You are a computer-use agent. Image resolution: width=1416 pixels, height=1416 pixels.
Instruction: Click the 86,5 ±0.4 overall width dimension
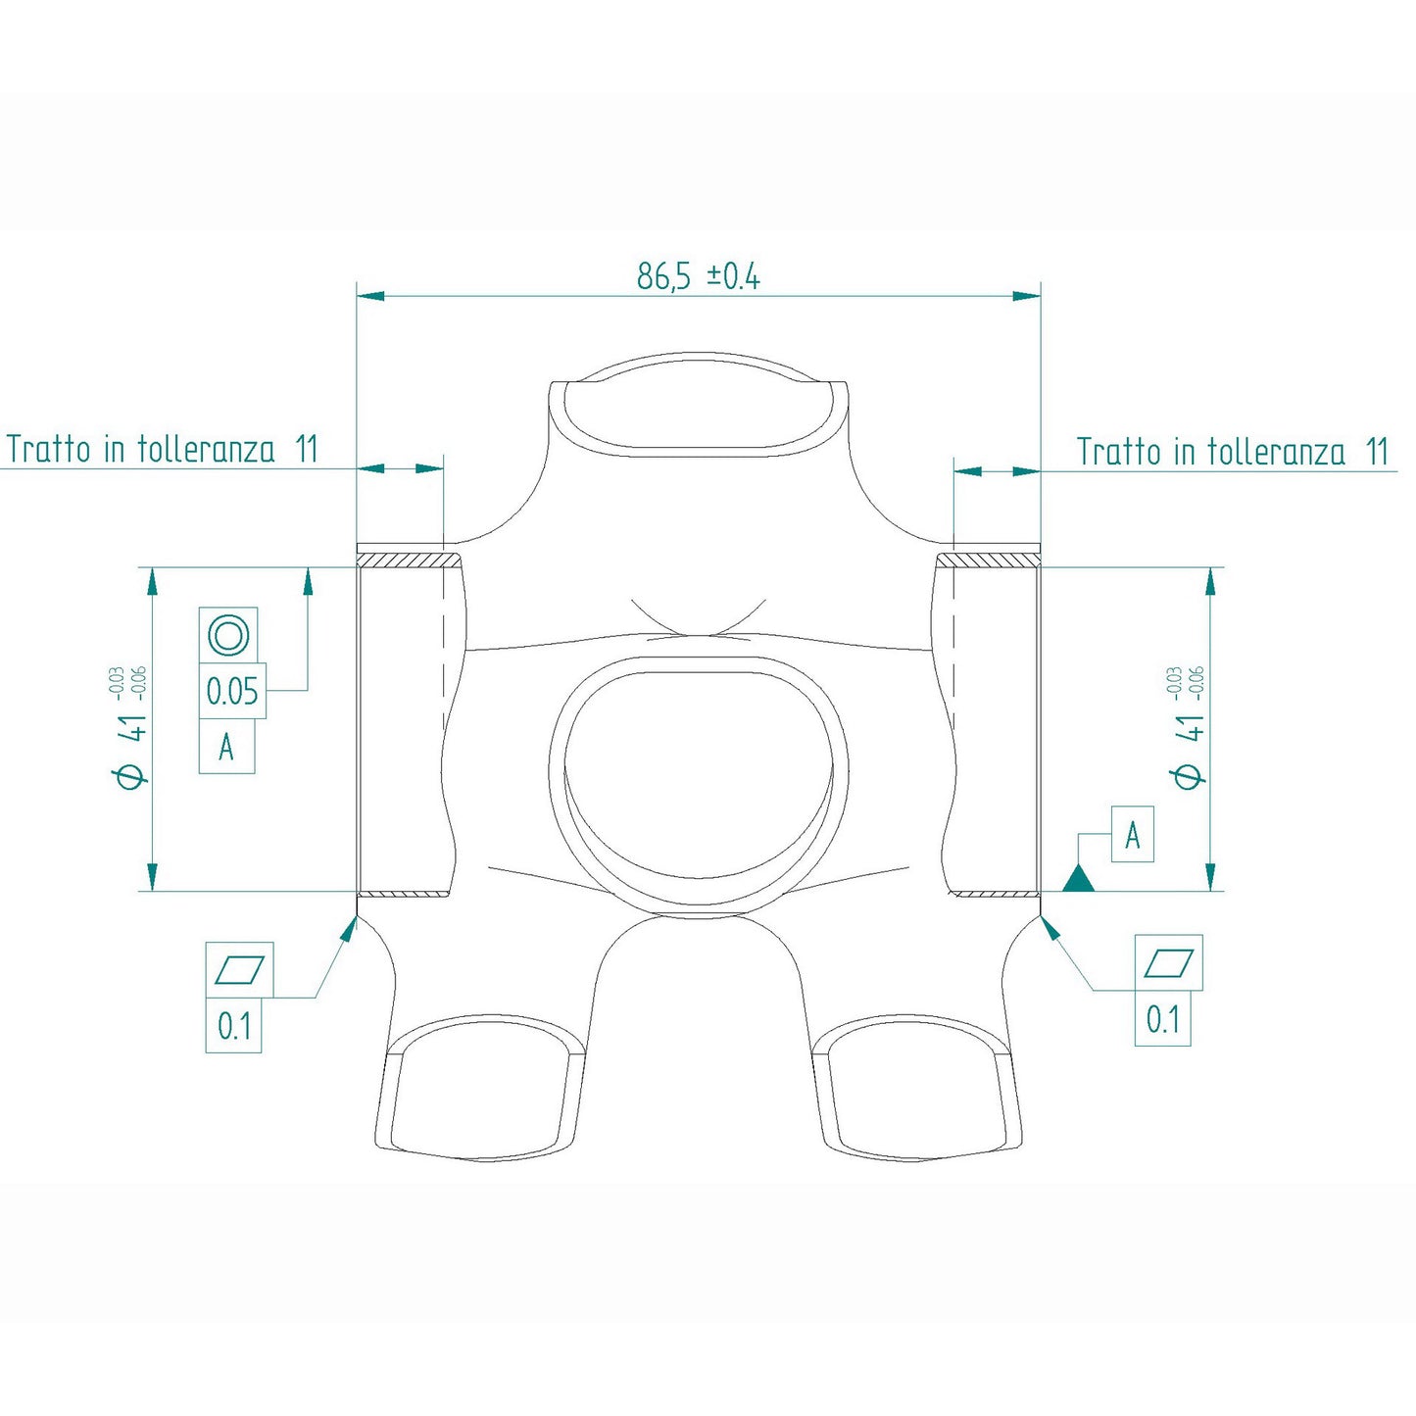tap(698, 277)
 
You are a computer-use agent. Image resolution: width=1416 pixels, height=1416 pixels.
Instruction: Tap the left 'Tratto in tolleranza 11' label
tap(163, 449)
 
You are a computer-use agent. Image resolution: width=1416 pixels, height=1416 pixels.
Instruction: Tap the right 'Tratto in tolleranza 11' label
tap(1233, 452)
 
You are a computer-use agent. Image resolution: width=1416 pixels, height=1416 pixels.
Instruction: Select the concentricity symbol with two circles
tap(228, 635)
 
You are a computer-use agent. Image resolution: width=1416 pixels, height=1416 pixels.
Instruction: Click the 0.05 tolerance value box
tap(232, 692)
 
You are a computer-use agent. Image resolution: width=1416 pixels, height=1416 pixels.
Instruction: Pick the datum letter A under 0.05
tap(226, 748)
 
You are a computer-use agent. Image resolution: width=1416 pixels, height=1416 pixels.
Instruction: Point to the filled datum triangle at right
tap(1078, 879)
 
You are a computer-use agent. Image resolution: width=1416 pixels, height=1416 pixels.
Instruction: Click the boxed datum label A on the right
tap(1132, 835)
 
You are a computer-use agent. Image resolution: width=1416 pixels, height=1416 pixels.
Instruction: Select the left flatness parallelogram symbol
tap(239, 969)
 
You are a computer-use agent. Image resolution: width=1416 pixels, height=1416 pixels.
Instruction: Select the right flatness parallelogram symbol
tap(1168, 963)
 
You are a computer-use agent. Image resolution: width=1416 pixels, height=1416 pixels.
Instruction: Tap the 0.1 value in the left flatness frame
tap(234, 1026)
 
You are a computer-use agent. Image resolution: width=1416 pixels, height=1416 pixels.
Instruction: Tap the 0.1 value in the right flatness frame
tap(1163, 1020)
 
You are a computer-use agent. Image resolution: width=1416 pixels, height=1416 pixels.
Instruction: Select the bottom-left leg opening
tap(480, 1093)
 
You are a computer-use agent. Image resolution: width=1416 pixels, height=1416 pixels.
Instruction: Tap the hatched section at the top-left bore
tap(409, 560)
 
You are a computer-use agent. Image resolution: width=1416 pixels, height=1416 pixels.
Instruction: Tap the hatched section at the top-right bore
tap(988, 560)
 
